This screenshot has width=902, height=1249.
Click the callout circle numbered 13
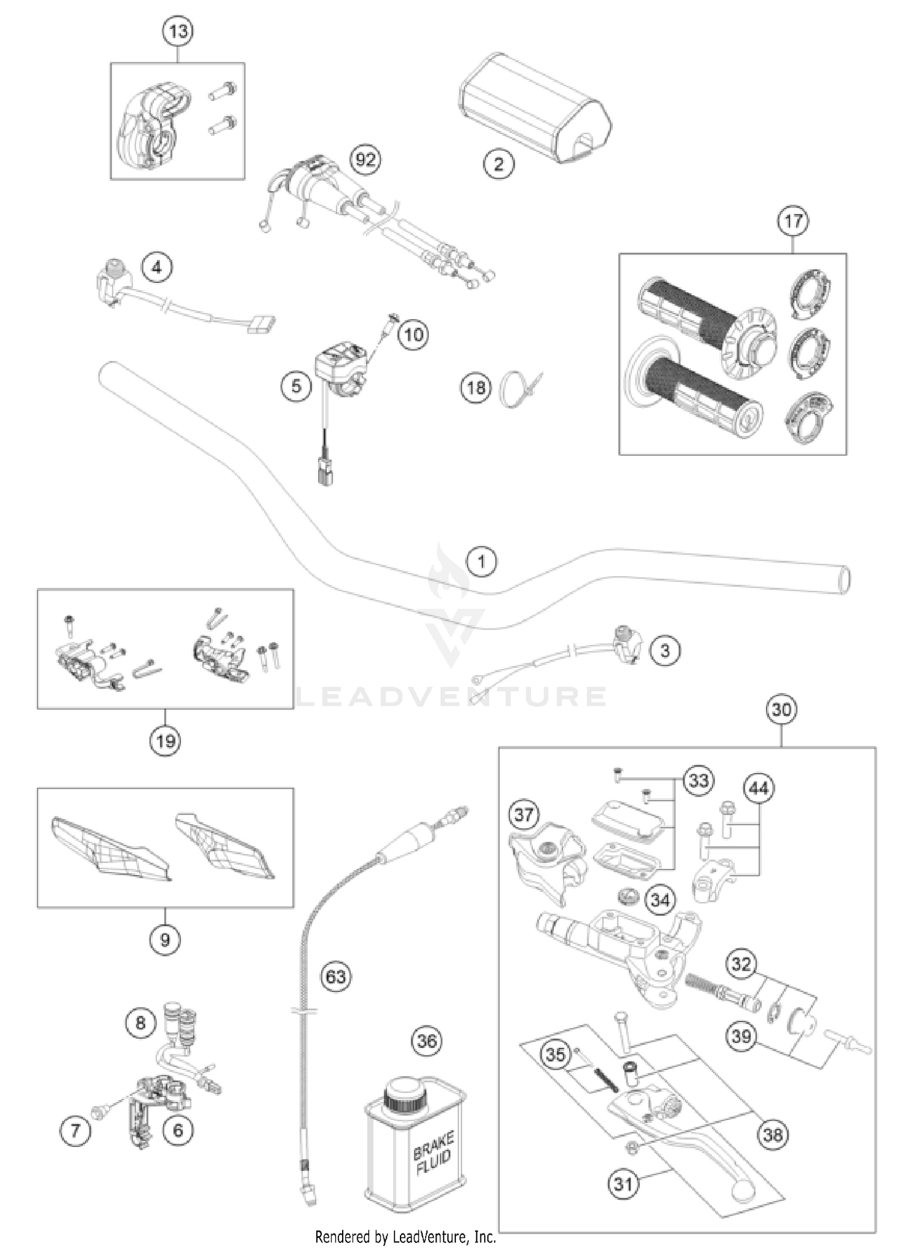pos(178,31)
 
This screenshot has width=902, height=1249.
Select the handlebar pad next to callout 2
pos(535,108)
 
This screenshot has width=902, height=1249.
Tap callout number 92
pos(366,160)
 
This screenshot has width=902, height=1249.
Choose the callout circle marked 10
pos(413,334)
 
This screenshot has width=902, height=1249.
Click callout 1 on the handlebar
pos(482,562)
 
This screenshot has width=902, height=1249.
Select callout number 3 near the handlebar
pos(665,650)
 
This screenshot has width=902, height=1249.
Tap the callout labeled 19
pos(165,741)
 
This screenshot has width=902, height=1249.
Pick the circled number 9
pos(165,939)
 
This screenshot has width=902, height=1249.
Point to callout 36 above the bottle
pos(426,1040)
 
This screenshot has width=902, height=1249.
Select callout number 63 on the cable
pos(336,976)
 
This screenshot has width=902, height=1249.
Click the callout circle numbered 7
pos(75,1131)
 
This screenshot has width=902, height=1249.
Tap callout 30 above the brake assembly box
pos(781,709)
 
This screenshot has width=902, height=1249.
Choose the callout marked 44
pos(759,788)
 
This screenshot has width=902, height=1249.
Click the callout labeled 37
pos(524,815)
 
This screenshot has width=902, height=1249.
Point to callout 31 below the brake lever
pos(624,1183)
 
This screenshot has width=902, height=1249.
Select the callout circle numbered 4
pos(157,267)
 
